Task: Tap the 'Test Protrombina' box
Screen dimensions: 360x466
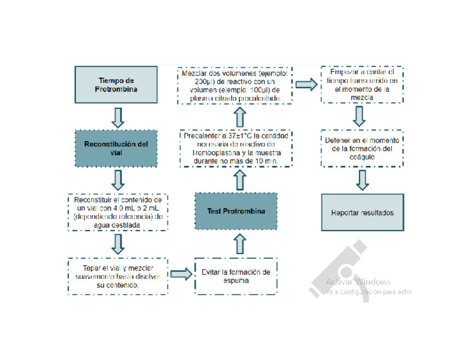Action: click(236, 212)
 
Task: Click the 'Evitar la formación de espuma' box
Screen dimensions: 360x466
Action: click(236, 275)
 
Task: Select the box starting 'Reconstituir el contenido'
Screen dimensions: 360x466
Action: click(116, 212)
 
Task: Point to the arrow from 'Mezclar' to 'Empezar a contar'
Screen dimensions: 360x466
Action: click(306, 84)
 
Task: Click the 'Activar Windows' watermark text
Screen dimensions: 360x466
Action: click(358, 282)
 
